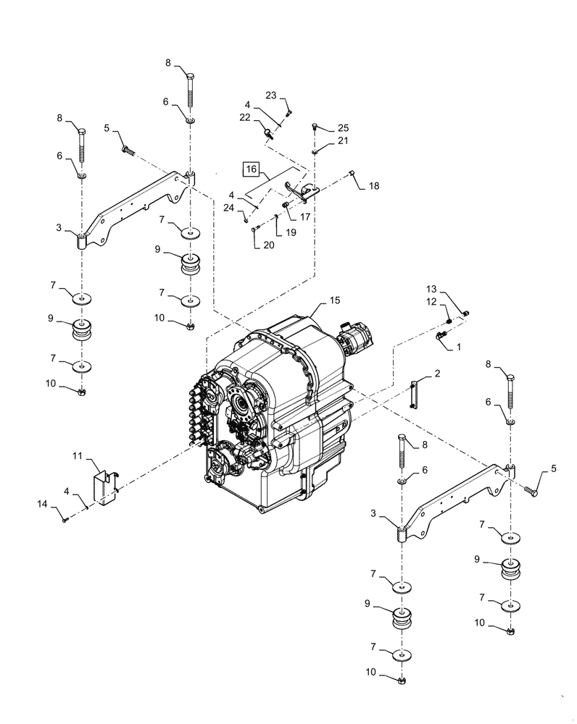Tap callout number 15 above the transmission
[334, 299]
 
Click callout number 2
[437, 374]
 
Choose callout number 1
[458, 348]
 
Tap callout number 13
[452, 288]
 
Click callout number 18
[373, 185]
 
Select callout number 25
[342, 128]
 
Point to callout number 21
[342, 140]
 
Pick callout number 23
[271, 95]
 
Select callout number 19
[290, 233]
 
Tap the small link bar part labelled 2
[414, 395]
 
